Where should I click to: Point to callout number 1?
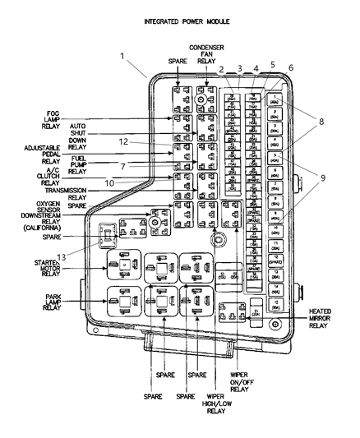pos(122,57)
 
